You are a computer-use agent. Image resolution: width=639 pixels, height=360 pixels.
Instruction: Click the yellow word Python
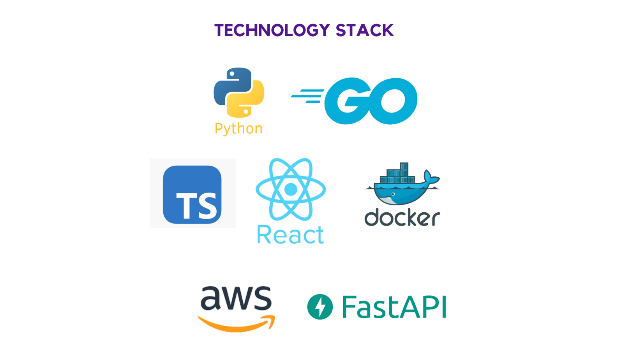coord(238,129)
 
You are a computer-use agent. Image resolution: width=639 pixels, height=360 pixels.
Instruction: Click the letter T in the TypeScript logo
coord(185,205)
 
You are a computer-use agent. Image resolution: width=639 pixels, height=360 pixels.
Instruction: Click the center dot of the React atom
coord(291,189)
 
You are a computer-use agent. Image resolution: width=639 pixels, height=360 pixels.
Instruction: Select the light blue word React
coord(290,235)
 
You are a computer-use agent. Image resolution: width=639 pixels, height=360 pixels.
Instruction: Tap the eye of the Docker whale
coord(393,194)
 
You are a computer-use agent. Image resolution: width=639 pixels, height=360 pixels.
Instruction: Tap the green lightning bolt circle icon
coord(320,307)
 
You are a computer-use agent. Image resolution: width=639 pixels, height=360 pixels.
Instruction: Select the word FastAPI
coord(394,307)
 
